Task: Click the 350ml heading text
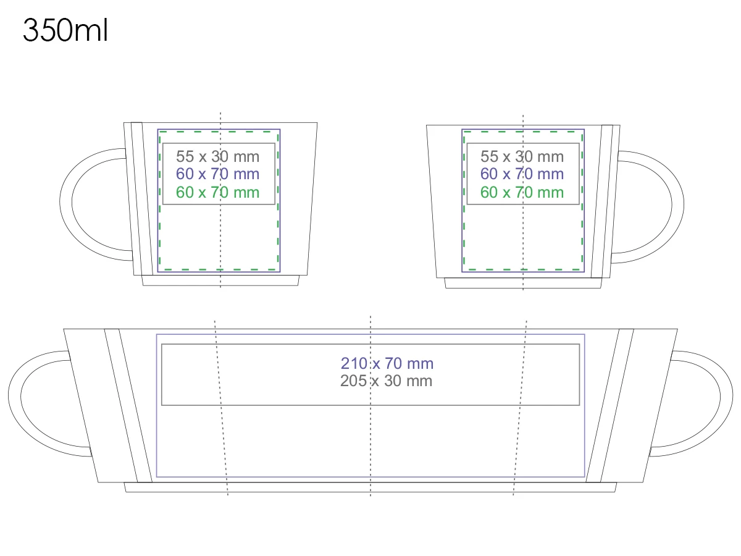tap(65, 30)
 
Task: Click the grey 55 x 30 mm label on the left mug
tap(218, 156)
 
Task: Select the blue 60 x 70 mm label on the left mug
tap(218, 174)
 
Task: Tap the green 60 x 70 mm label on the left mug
tap(218, 192)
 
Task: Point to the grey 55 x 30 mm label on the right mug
tap(522, 156)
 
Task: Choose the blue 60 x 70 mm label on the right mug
tap(522, 174)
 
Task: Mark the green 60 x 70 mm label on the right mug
tap(522, 192)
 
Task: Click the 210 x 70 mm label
tap(387, 364)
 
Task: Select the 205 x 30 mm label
tap(386, 381)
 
